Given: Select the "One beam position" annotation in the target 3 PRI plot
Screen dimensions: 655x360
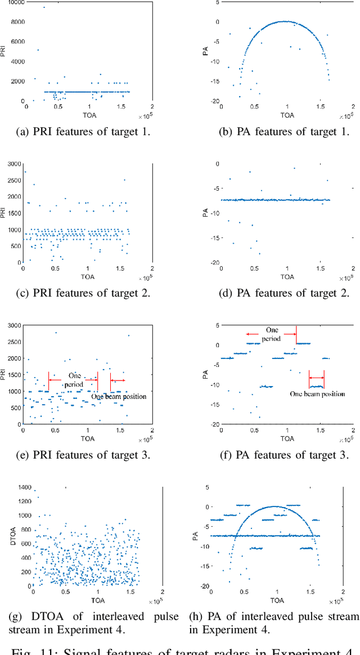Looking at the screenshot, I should click(x=119, y=396).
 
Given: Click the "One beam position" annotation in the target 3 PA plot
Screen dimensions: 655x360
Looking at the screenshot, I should click(x=317, y=394).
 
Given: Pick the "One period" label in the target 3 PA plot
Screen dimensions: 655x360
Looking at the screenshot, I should click(x=272, y=334).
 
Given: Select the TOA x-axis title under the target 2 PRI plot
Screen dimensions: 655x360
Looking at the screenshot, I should click(x=87, y=276).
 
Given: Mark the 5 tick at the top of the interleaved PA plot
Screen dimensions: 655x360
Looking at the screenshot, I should click(x=207, y=487).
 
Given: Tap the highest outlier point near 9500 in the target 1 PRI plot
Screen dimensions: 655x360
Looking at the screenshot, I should click(x=44, y=7).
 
